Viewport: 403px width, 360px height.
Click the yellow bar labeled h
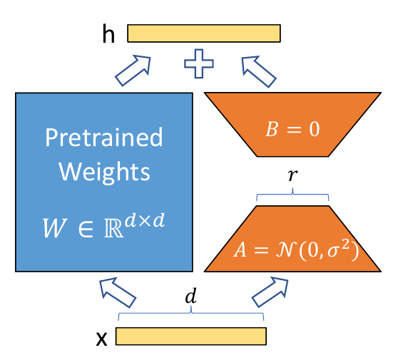[204, 34]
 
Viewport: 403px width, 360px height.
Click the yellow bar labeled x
[191, 336]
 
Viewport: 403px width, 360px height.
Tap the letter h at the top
[108, 34]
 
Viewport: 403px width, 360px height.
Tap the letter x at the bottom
[101, 339]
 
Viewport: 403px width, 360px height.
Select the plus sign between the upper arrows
[199, 63]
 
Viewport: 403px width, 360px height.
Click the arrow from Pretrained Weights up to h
[133, 70]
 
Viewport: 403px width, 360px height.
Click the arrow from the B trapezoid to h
[259, 71]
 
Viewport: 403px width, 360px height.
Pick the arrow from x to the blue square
[118, 293]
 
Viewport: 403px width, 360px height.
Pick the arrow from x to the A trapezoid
[270, 292]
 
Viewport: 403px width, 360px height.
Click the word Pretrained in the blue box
[104, 138]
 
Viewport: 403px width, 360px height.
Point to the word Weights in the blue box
[104, 172]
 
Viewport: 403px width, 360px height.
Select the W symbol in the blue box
[55, 228]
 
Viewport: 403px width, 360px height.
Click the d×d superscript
[145, 220]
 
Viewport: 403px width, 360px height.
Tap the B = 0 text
[292, 129]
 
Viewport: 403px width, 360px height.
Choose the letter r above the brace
[292, 175]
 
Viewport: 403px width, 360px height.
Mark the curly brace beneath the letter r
[292, 194]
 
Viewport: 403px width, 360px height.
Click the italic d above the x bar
[190, 297]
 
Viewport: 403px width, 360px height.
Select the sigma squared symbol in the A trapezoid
[339, 250]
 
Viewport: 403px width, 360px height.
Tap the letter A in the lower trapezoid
[240, 250]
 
